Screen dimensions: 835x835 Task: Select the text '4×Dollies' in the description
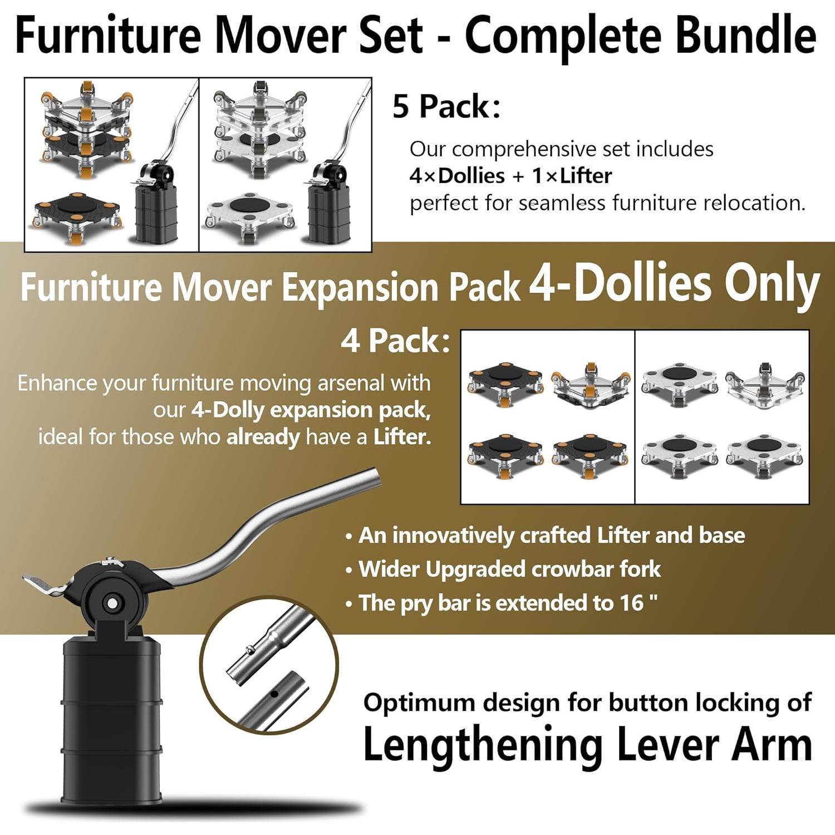(457, 176)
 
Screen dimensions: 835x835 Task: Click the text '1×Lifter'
(572, 176)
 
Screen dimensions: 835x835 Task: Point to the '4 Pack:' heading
(395, 340)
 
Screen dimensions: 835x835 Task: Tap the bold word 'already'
(263, 437)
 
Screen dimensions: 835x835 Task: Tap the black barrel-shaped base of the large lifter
(111, 724)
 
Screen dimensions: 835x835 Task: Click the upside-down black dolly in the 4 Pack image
(591, 385)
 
